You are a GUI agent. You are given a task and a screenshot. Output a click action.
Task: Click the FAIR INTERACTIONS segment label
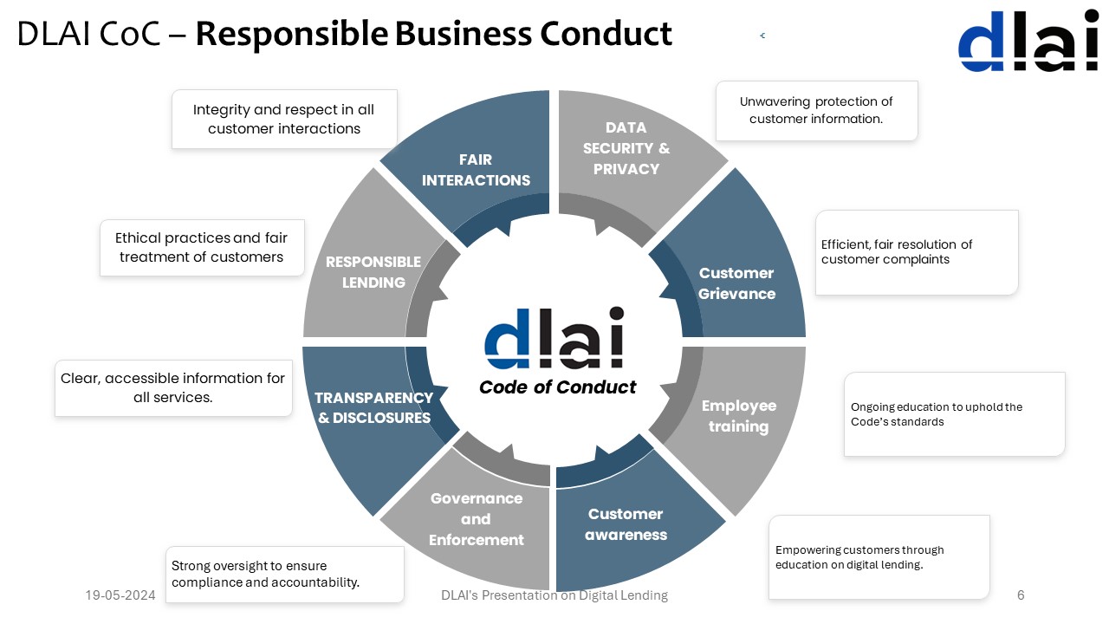(x=476, y=170)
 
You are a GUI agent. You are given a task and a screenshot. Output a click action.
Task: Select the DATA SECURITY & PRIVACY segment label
(x=626, y=148)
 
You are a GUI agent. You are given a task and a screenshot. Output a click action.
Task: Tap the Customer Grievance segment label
(x=736, y=283)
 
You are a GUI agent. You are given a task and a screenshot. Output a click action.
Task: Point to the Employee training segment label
(x=738, y=416)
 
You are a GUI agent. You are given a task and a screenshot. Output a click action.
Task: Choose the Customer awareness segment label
(x=626, y=524)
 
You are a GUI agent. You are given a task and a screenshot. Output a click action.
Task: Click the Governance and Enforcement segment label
(x=477, y=519)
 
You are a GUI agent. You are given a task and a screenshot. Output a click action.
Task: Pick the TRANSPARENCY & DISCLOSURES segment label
(x=373, y=407)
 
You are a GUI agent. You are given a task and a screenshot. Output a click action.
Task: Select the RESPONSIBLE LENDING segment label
(x=373, y=272)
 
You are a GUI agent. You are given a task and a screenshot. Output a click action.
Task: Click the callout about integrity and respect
(x=284, y=119)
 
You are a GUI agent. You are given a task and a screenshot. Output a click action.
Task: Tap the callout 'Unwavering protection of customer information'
(x=816, y=110)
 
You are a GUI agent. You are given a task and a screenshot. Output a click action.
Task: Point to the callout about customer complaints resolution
(x=917, y=252)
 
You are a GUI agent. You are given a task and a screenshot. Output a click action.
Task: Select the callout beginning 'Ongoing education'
(x=954, y=414)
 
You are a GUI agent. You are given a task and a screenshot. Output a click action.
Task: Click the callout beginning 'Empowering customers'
(x=879, y=557)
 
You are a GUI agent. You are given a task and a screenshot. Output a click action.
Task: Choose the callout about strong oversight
(x=284, y=574)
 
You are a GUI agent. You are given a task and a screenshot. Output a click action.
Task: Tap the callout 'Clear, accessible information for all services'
(x=173, y=388)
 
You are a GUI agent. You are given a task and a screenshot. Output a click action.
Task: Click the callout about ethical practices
(x=202, y=247)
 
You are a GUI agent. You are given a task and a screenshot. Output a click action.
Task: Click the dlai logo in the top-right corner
(x=1028, y=41)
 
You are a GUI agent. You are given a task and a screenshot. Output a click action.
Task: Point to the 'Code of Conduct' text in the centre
(x=558, y=387)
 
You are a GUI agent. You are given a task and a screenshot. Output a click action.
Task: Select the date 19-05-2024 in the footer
(x=120, y=595)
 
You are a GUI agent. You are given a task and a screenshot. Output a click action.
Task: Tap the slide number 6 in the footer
(x=1021, y=595)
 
